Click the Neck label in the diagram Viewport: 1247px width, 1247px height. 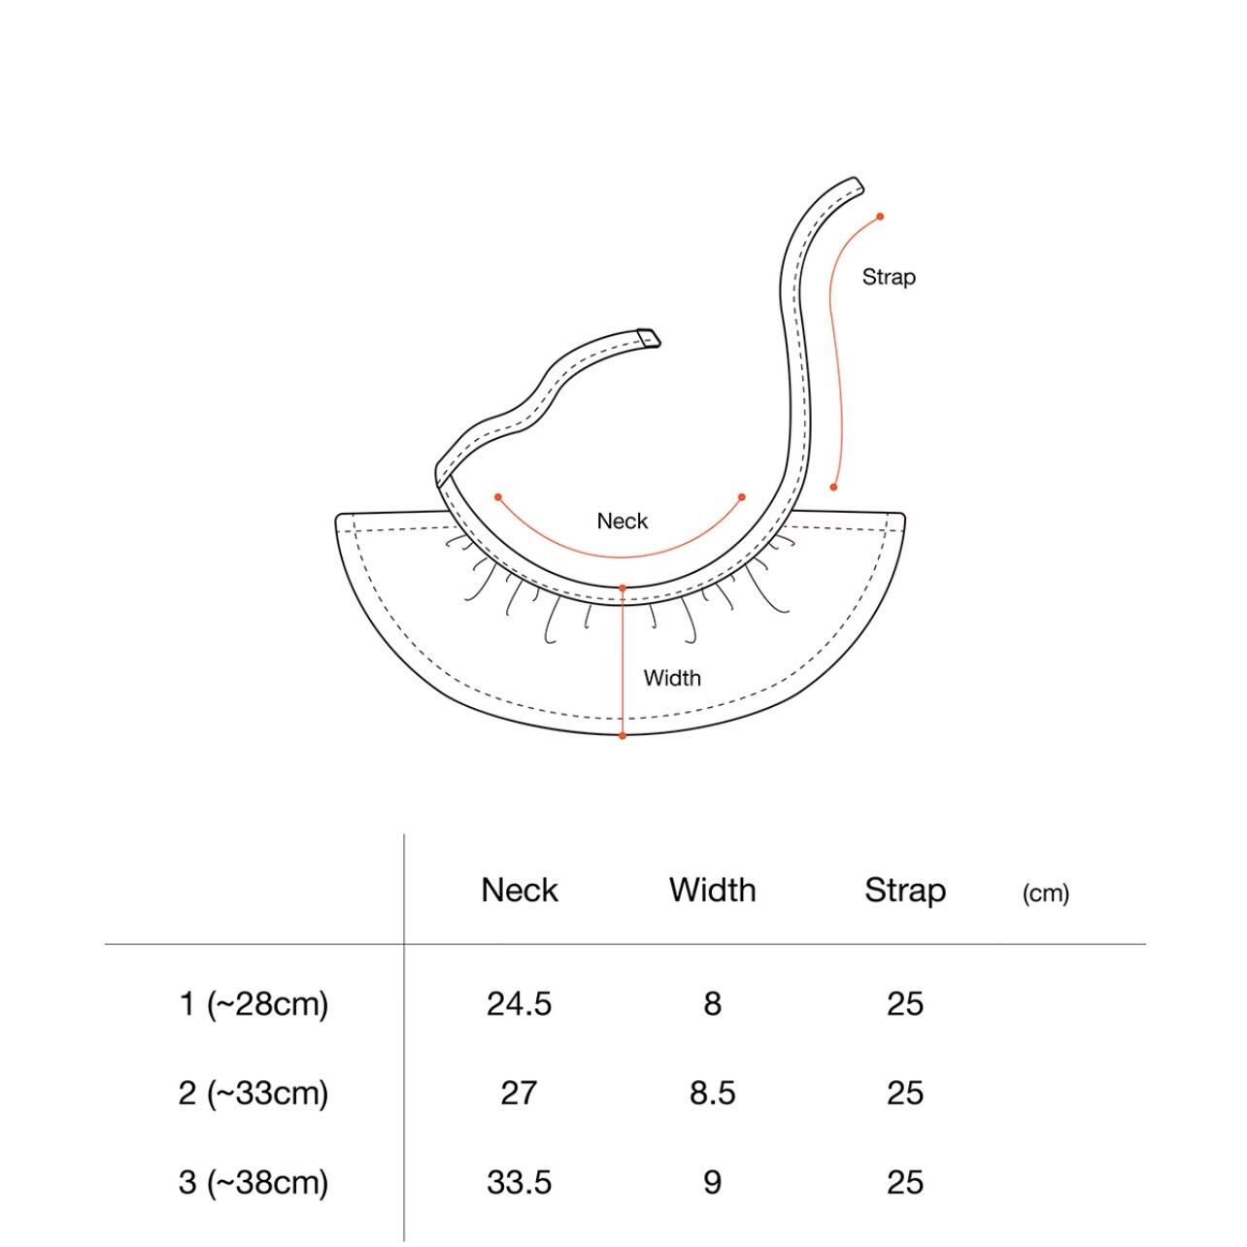click(622, 521)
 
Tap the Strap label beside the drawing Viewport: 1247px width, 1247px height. click(888, 277)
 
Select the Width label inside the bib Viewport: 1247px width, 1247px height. click(672, 678)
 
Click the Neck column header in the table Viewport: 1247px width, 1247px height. click(519, 890)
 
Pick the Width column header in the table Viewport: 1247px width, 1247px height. click(713, 890)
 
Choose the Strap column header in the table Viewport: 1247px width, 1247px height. click(905, 892)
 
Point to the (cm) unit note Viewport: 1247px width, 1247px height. click(1045, 893)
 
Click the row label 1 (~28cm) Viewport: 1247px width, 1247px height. click(253, 1004)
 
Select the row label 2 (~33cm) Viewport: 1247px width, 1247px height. click(253, 1094)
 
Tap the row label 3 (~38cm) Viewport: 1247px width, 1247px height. click(253, 1182)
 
